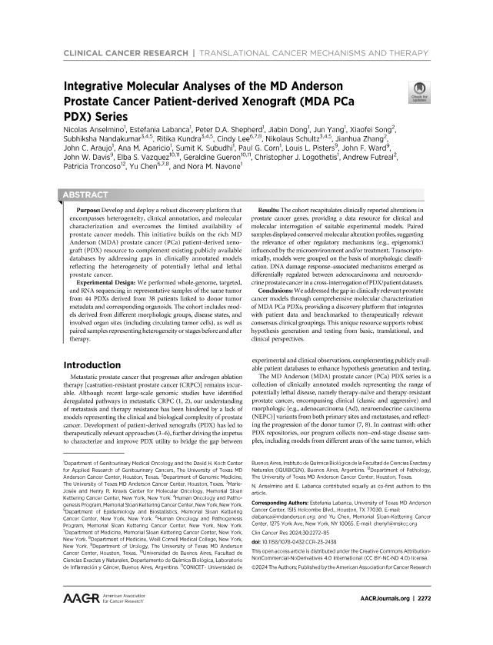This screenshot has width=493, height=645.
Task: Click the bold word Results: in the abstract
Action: coord(264,209)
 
